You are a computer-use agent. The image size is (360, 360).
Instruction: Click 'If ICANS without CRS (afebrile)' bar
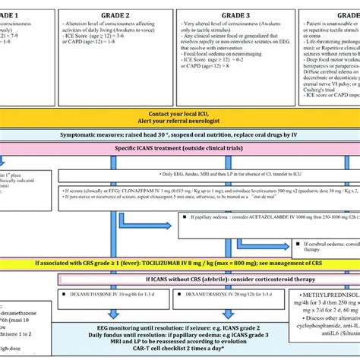[x=179, y=259]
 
